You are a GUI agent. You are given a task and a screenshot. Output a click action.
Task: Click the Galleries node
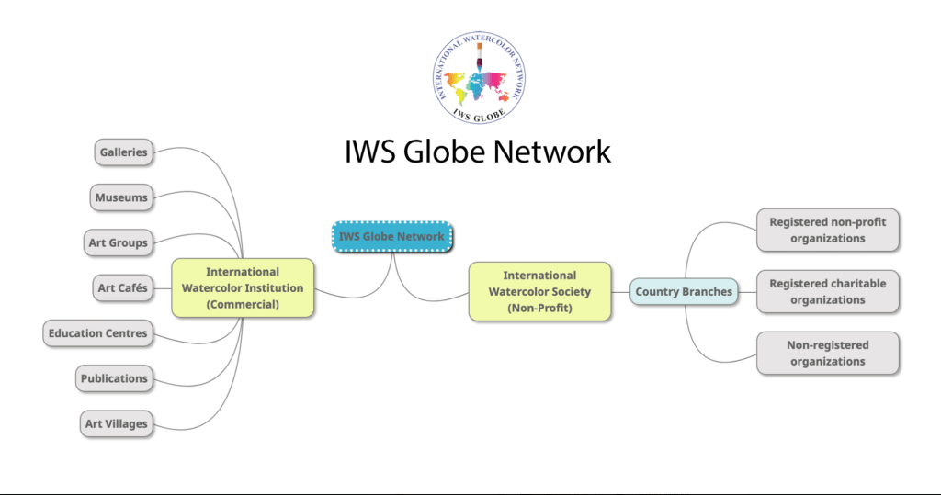point(123,152)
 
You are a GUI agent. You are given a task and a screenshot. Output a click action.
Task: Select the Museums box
point(121,197)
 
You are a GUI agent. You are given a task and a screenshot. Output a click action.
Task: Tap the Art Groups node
point(118,242)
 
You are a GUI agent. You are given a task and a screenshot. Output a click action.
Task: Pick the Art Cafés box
point(122,287)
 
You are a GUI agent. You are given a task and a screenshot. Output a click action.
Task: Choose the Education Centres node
point(98,332)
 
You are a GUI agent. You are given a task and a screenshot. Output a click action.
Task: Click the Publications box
point(114,377)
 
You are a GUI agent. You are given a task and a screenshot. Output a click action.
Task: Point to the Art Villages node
point(117,423)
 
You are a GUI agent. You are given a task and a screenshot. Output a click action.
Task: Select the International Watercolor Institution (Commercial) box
point(243,288)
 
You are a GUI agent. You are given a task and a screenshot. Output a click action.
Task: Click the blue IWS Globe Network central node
point(391,236)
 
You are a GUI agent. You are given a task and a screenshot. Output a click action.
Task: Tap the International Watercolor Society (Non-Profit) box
point(539,292)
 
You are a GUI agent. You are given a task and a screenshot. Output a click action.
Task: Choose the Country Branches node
point(684,292)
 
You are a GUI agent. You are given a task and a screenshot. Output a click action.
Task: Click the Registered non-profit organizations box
point(828,230)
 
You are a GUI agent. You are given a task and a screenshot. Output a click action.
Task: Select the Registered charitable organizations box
point(828,291)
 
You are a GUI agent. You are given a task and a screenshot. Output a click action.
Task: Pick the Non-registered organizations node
point(828,353)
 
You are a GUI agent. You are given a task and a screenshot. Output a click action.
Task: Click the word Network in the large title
point(552,152)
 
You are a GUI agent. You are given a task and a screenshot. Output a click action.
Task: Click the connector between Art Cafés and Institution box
point(162,288)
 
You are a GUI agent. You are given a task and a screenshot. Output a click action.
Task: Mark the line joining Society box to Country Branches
point(620,292)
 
